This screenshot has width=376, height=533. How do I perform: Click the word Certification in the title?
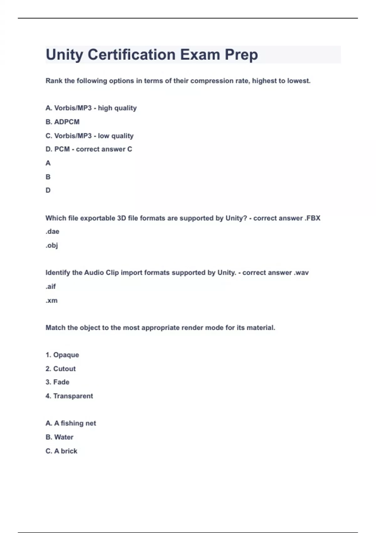point(131,55)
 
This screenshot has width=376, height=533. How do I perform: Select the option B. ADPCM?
point(62,122)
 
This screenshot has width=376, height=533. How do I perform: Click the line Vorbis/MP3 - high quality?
point(91,108)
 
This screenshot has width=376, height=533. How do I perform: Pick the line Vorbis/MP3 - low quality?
point(90,136)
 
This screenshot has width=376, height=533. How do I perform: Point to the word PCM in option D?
point(62,149)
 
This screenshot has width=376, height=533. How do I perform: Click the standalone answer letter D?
point(48,190)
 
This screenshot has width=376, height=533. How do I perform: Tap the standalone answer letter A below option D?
point(48,163)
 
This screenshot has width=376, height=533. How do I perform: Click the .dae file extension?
point(52,232)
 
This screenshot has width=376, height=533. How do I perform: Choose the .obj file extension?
point(52,245)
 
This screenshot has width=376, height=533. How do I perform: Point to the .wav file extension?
point(301,273)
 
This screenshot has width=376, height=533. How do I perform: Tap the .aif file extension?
point(51,287)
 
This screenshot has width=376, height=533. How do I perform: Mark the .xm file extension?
point(51,300)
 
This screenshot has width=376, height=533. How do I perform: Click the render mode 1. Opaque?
point(62,355)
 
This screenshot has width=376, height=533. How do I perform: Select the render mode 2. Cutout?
point(60,369)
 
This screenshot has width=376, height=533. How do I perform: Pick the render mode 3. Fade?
point(57,382)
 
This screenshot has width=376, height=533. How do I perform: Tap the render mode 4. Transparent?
point(69,396)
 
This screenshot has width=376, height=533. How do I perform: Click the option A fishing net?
point(71,423)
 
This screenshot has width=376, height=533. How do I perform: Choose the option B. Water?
point(60,437)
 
